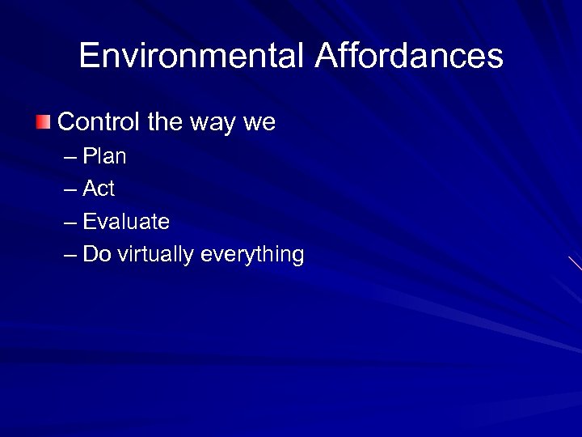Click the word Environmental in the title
[192, 56]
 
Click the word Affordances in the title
[409, 56]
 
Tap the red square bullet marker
[43, 122]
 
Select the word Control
[99, 122]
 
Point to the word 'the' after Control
[166, 122]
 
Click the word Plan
[105, 155]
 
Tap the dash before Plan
[70, 156]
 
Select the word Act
[99, 189]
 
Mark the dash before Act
[70, 189]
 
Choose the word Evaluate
[126, 221]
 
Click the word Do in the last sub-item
[96, 254]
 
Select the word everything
[252, 255]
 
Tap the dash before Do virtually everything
[70, 255]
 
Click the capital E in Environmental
[88, 56]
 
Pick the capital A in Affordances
[326, 56]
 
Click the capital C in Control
[66, 122]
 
